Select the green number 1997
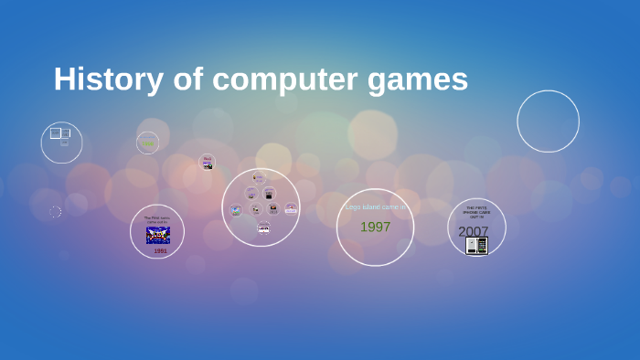coord(375,227)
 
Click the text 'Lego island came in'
coord(375,207)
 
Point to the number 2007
coord(473,231)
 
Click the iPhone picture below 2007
coord(477,245)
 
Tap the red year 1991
coord(160,250)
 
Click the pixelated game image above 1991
coord(158,235)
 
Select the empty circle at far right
coord(548,121)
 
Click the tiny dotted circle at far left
coord(55,212)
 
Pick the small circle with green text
coord(147,143)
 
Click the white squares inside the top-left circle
coord(59,135)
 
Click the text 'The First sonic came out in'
coord(156,219)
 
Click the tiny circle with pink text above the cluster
coord(208,162)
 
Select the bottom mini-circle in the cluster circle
coord(263,228)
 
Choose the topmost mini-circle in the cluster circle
coord(259,177)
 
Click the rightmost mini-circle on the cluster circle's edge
coord(291,207)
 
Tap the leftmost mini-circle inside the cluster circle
coord(236,209)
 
